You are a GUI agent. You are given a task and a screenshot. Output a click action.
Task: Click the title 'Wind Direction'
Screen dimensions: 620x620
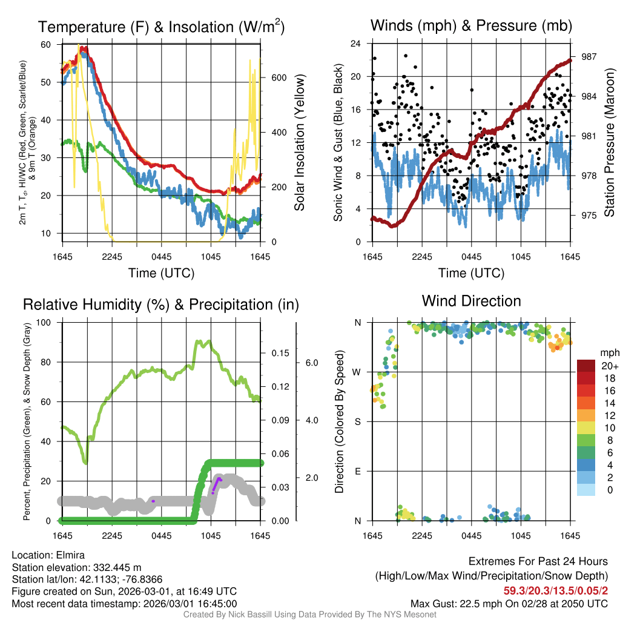[x=471, y=301]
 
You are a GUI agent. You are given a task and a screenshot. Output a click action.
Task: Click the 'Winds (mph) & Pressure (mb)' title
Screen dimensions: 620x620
[x=471, y=25]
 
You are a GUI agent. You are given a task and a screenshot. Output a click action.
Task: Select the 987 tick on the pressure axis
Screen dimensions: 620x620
[x=589, y=56]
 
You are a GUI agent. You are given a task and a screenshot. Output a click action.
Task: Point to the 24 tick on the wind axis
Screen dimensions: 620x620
[x=356, y=44]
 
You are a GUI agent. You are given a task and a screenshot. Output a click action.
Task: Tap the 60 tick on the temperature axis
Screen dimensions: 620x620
[x=46, y=44]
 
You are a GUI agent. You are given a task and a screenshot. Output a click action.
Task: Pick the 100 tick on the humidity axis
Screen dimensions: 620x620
[x=44, y=322]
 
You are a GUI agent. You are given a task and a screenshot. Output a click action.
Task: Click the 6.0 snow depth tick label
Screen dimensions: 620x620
[x=311, y=363]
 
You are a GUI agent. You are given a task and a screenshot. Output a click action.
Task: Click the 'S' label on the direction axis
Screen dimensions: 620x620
[x=358, y=421]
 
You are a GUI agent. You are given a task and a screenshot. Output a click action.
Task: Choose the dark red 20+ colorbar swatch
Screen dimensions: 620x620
[x=586, y=366]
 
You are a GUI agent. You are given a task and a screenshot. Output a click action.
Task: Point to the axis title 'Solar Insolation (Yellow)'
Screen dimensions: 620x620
[x=299, y=143]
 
